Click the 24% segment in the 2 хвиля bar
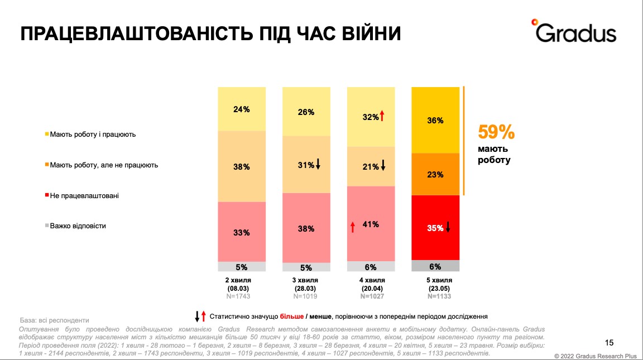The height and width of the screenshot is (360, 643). click(x=242, y=109)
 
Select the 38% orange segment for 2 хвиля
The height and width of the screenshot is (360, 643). click(x=242, y=166)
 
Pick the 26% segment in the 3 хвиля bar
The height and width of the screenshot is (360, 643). click(x=306, y=112)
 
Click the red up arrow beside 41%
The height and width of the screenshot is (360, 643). click(x=353, y=226)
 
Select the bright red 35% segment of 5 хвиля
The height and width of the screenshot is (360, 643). click(x=435, y=228)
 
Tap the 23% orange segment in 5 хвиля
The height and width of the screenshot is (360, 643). click(x=435, y=174)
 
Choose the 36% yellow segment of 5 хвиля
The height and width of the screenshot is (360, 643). click(x=435, y=120)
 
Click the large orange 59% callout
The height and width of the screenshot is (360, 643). click(x=496, y=133)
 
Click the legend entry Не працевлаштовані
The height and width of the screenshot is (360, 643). click(x=84, y=196)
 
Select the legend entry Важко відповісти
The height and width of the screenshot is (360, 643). click(x=78, y=226)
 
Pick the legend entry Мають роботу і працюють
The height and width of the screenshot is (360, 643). click(x=93, y=135)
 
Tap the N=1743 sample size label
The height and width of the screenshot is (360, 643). click(x=242, y=296)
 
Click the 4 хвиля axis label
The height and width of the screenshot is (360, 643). click(x=371, y=280)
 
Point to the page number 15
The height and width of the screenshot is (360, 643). click(x=609, y=342)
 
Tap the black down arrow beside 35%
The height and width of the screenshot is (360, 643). click(x=448, y=227)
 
